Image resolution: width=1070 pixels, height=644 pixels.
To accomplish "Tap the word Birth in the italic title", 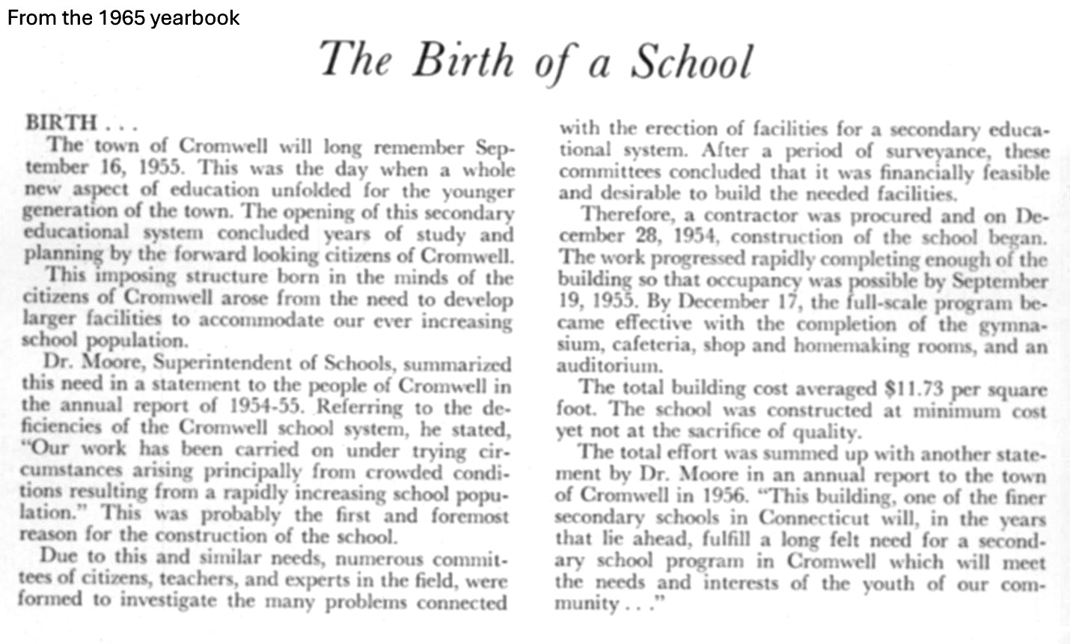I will coord(462,61).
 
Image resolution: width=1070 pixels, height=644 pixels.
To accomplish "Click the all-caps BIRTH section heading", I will coord(61,123).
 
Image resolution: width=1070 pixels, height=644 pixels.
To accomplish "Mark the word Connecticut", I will coord(815,518).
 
